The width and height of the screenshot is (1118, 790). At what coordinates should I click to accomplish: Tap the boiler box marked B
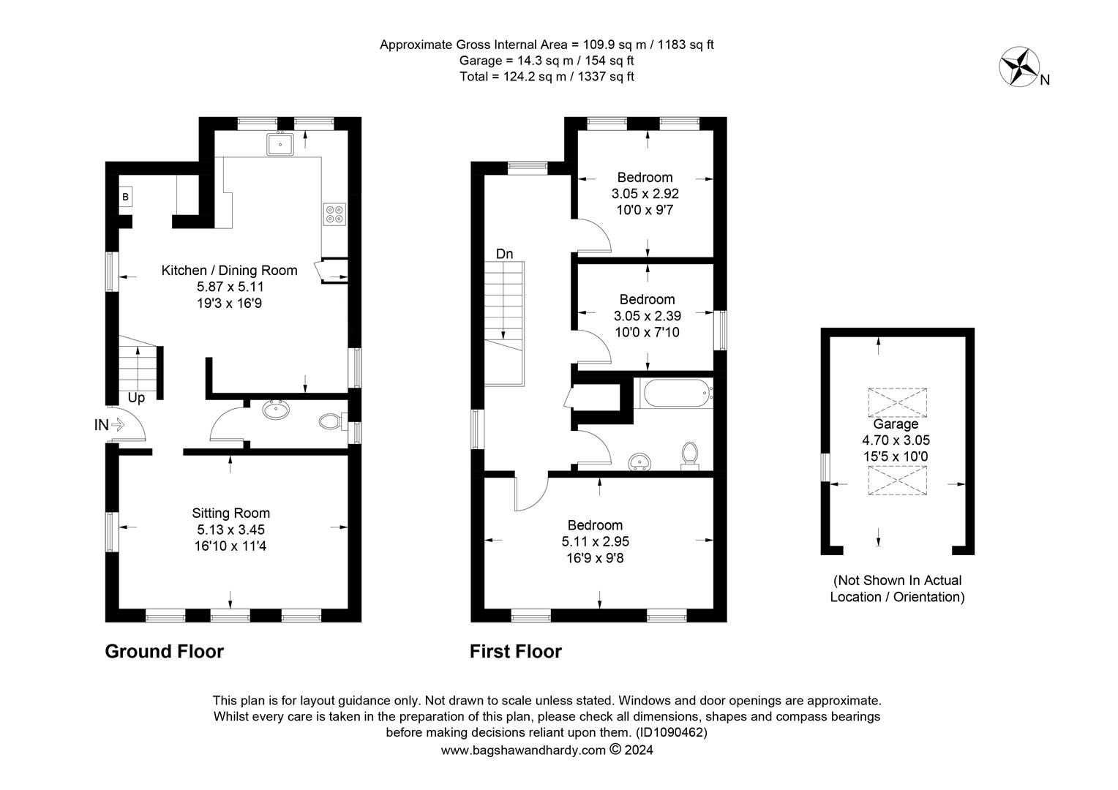[x=125, y=197]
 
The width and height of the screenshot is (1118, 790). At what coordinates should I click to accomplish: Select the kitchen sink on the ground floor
[x=280, y=144]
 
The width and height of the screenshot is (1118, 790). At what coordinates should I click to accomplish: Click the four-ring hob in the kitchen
[x=334, y=214]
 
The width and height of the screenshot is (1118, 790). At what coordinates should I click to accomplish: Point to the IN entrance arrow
[x=117, y=425]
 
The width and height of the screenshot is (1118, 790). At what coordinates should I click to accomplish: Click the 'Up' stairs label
[x=136, y=398]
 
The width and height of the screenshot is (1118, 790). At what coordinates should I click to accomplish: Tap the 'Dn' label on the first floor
[x=504, y=254]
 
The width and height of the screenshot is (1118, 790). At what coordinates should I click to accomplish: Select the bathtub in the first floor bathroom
[x=678, y=394]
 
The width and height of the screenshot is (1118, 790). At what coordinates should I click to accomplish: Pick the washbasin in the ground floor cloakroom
[x=276, y=410]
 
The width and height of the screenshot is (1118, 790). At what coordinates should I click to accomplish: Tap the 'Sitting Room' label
[x=231, y=513]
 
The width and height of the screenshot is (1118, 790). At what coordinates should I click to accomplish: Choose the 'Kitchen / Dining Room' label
[x=229, y=271]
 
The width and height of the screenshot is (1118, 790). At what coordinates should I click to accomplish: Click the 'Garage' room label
[x=896, y=424]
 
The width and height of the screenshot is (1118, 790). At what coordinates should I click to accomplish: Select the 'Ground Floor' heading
[x=164, y=652]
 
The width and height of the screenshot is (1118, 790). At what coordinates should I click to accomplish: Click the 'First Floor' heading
[x=516, y=652]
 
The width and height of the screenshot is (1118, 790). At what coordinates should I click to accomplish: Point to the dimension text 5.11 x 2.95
[x=596, y=541]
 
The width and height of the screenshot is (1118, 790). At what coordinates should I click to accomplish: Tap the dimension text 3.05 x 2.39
[x=648, y=316]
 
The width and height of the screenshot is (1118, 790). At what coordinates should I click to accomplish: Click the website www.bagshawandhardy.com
[x=523, y=750]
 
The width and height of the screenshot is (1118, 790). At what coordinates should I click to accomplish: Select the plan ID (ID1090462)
[x=671, y=733]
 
